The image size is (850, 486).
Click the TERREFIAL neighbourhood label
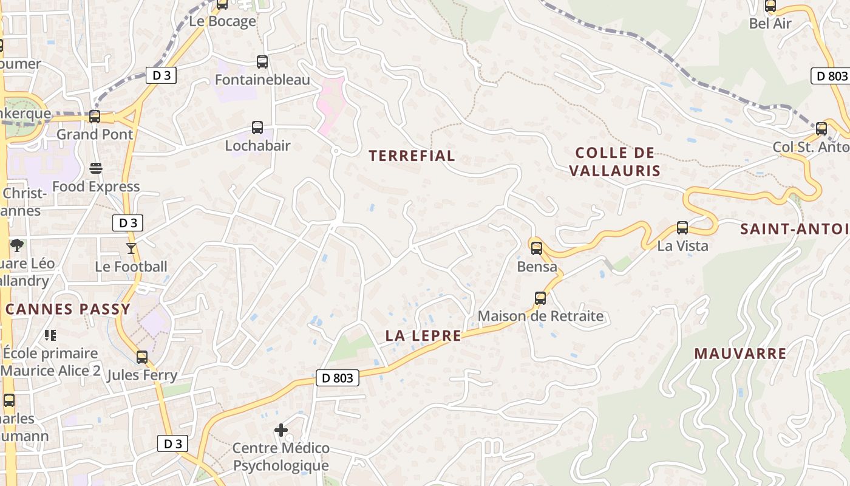tap(412, 156)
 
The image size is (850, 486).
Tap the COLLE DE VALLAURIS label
tap(614, 162)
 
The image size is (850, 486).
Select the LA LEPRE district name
tap(423, 336)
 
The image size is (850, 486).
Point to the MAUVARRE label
tap(740, 354)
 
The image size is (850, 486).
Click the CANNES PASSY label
tap(68, 309)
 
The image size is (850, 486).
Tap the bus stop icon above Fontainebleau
tap(262, 62)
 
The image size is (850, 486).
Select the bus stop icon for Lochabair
tap(257, 128)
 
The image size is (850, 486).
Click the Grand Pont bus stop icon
tap(95, 117)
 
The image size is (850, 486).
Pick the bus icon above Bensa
tap(537, 248)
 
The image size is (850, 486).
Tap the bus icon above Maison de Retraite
tap(540, 298)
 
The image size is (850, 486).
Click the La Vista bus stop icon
tap(682, 228)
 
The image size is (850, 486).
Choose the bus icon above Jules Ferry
tap(142, 357)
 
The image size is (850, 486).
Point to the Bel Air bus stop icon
tap(770, 6)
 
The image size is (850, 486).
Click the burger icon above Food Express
tap(96, 168)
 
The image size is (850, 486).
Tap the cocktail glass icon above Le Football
tap(131, 248)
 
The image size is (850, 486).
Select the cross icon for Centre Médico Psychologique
tap(281, 430)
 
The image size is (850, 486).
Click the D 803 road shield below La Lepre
tap(338, 378)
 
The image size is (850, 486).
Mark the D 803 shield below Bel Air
tap(829, 76)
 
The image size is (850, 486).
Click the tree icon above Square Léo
tap(17, 245)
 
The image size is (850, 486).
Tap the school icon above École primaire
tap(50, 335)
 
